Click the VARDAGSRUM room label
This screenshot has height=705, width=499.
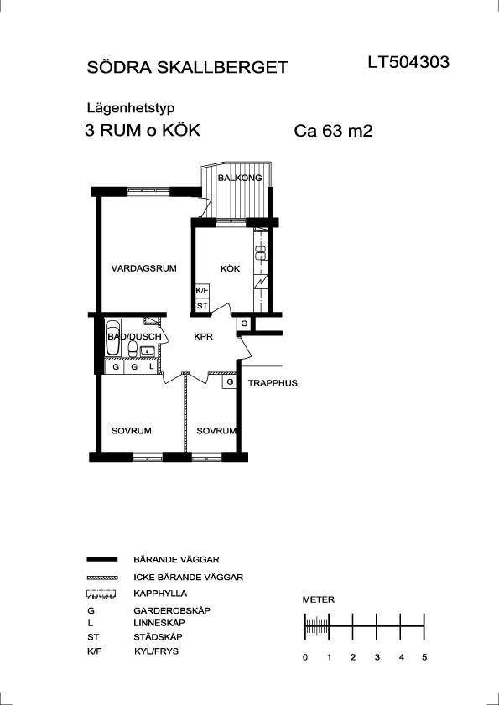coord(144,269)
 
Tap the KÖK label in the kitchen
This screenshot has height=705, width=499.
coord(231,269)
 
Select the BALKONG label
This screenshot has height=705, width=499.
coord(240,178)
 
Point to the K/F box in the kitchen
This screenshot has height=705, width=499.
coord(202,291)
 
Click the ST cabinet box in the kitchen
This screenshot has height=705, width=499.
coord(202,306)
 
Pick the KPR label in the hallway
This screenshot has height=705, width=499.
coord(203,337)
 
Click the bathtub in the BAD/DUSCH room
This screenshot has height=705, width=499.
coord(112,338)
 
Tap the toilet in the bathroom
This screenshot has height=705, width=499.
coord(133,350)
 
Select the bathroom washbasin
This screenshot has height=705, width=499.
coord(147,350)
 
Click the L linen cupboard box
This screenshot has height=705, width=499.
coord(151,367)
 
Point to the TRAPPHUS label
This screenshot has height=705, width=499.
coord(273,384)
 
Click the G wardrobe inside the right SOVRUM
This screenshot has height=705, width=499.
coord(230,381)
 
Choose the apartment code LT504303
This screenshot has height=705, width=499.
coord(408,62)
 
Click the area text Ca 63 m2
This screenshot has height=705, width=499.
coord(334,132)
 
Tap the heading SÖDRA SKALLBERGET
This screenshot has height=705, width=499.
coord(187,67)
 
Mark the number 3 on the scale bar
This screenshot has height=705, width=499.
coord(377,657)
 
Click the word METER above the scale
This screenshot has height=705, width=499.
coord(319,599)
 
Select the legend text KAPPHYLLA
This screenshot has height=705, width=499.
coord(160,594)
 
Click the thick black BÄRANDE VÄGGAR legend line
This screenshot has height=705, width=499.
coord(102,559)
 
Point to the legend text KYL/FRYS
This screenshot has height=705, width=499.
coord(156,651)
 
